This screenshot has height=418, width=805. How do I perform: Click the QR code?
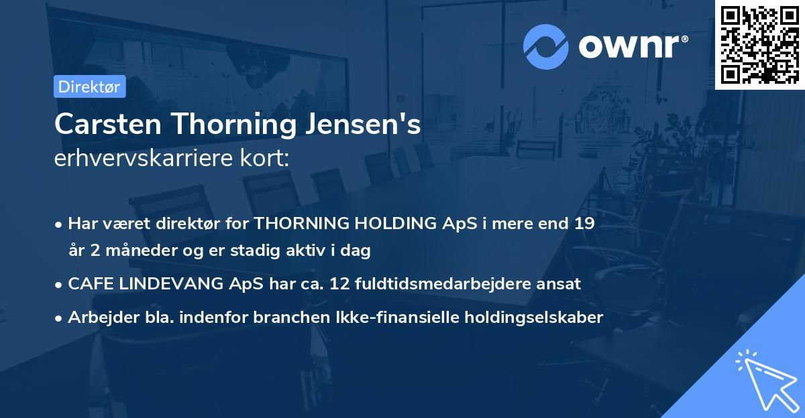(x=759, y=44)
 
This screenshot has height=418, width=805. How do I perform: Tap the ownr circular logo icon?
(x=545, y=47)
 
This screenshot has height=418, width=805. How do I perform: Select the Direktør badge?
(x=89, y=86)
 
